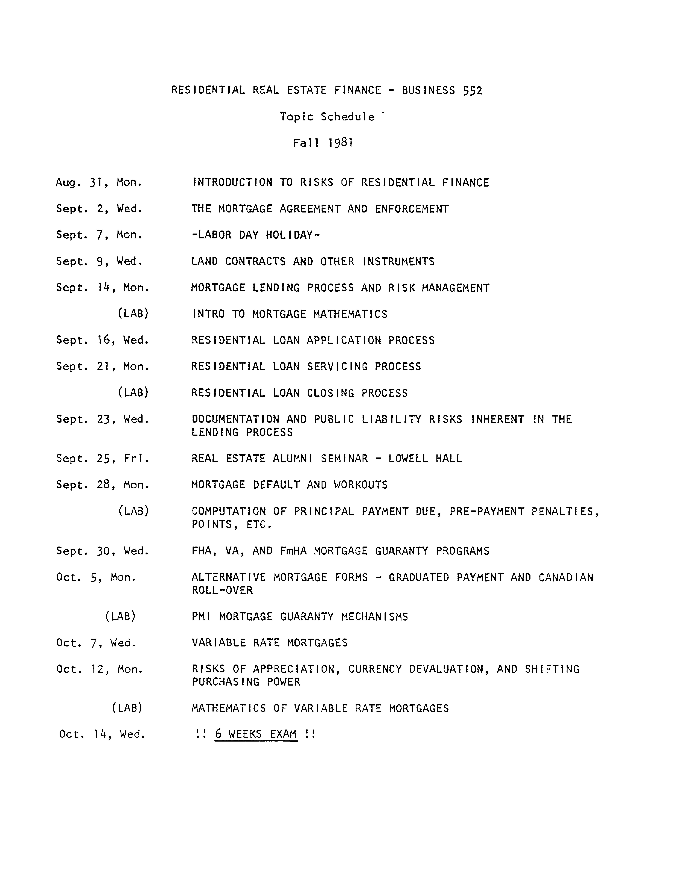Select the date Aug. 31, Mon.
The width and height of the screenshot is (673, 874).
tap(99, 182)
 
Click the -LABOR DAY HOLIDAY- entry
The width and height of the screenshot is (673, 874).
tap(255, 235)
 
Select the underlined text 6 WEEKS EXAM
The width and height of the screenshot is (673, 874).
tap(256, 734)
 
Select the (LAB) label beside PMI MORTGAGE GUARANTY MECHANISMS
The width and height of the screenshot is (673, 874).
tap(120, 616)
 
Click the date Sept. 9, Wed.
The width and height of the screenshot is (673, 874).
tap(99, 261)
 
